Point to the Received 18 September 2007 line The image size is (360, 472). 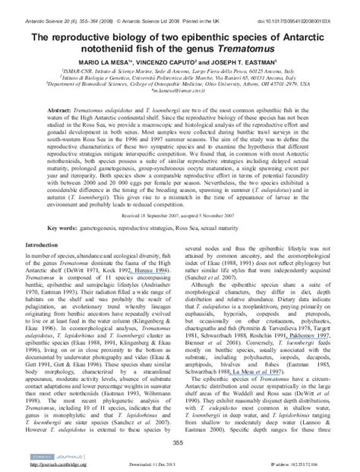pyautogui.click(x=179, y=194)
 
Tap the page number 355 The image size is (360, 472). pyautogui.click(x=179, y=442)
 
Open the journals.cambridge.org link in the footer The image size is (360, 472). pyautogui.click(x=54, y=465)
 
